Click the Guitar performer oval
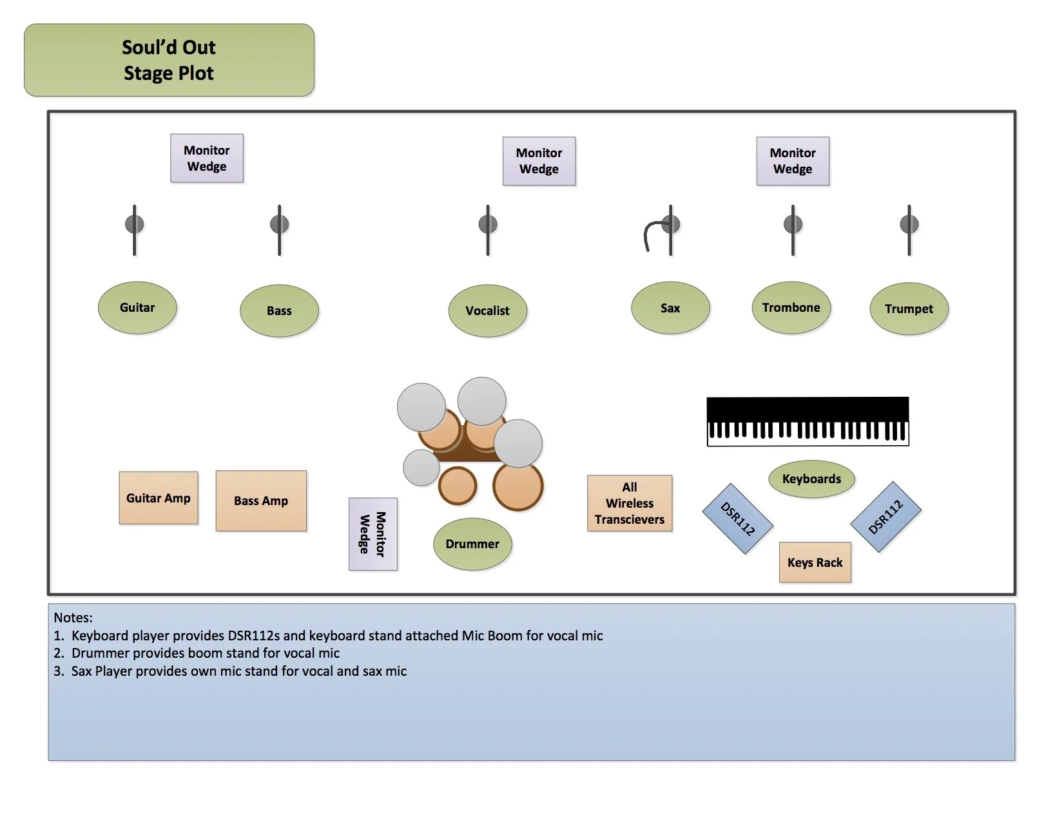(137, 308)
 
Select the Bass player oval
(279, 311)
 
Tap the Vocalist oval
(488, 311)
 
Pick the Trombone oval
(791, 308)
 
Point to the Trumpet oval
(909, 309)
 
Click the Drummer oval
(472, 544)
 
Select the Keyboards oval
(811, 479)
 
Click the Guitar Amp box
(159, 498)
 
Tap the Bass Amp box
(261, 501)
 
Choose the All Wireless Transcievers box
(630, 504)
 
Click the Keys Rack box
(815, 562)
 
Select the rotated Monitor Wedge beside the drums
(372, 534)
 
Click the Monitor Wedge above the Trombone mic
(793, 161)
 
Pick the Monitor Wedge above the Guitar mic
(207, 158)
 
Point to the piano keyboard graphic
(808, 421)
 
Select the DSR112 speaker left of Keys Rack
(737, 519)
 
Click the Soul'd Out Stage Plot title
(169, 61)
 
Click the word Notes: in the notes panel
(73, 618)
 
